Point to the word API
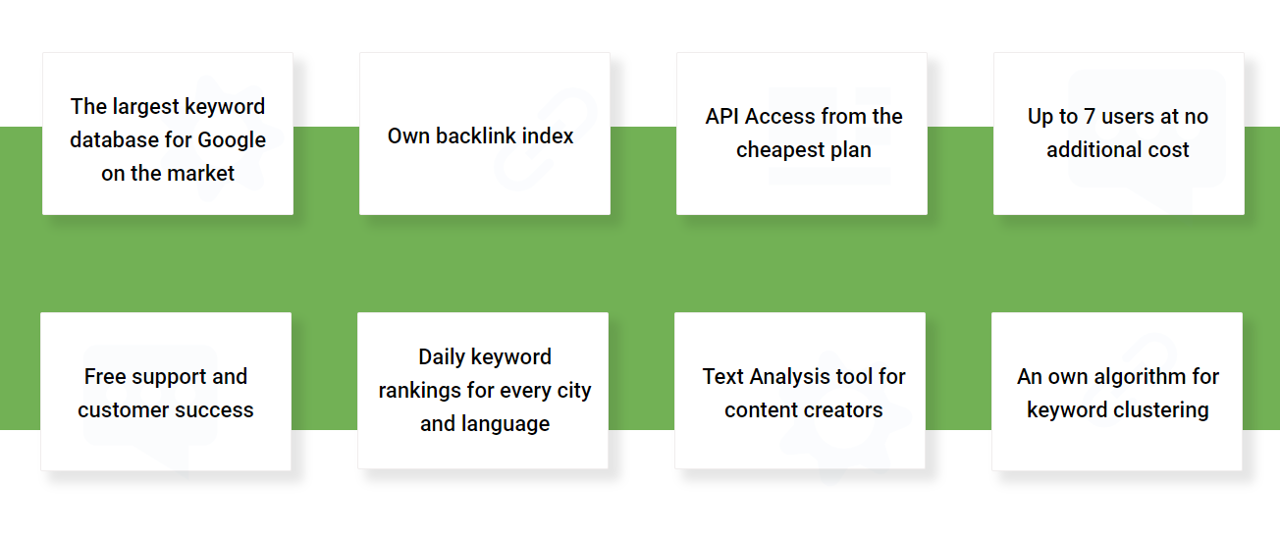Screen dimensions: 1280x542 click(x=722, y=117)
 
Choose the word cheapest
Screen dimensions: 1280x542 click(x=780, y=150)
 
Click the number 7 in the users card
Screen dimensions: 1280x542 click(x=1090, y=117)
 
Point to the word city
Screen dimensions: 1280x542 click(x=574, y=391)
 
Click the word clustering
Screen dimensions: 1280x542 click(x=1162, y=410)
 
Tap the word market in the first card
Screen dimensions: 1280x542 click(x=200, y=173)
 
